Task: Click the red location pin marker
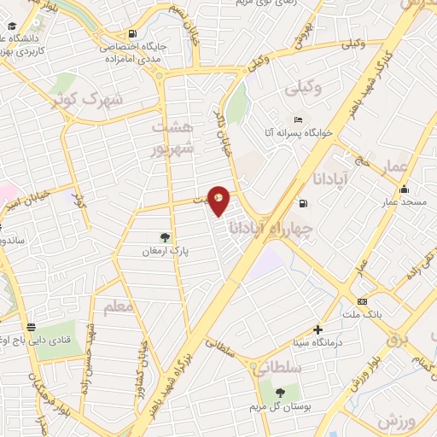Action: click(x=219, y=200)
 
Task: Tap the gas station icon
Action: click(x=303, y=203)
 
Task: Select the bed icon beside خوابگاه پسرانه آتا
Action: click(x=297, y=120)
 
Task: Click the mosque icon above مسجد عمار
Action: click(x=404, y=189)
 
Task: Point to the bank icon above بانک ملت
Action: click(x=363, y=301)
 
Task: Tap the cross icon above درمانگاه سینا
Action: click(x=318, y=329)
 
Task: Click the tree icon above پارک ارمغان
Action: click(x=165, y=238)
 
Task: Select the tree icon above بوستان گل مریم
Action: click(x=280, y=391)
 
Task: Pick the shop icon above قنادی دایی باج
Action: click(x=31, y=326)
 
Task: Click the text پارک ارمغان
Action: click(x=166, y=253)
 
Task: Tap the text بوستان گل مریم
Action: click(x=280, y=405)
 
